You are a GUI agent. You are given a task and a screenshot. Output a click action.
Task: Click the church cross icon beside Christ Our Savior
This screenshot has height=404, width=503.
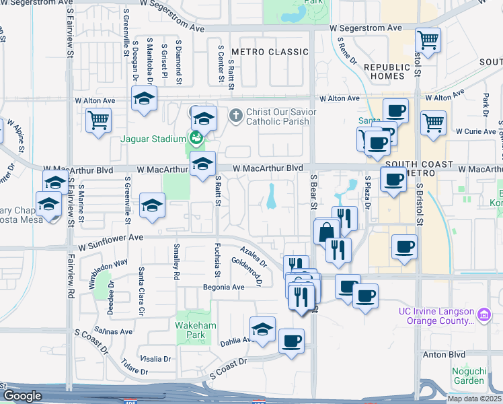pos(235,116)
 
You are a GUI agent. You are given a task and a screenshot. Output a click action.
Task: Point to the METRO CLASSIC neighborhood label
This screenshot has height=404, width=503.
pos(260,52)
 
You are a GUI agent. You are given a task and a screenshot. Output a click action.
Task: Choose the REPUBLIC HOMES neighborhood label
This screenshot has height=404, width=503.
pos(387,71)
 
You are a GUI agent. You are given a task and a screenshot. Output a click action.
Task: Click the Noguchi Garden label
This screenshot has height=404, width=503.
pos(463,374)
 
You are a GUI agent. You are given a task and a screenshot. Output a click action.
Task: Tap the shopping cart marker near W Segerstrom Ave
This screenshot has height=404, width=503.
pos(427,40)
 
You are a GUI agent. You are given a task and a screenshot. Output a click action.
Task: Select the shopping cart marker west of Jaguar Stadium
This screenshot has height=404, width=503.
pos(99,121)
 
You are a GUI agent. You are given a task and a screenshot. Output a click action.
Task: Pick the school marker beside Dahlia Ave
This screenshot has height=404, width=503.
pos(262,329)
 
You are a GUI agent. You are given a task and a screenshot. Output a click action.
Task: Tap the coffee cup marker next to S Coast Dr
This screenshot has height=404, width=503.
pos(291,341)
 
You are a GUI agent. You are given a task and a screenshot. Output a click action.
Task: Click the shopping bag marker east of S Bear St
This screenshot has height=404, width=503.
pos(326,231)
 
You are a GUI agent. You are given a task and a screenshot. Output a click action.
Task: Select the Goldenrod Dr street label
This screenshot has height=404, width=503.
pos(247,270)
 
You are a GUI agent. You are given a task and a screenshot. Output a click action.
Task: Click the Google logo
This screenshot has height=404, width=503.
pos(22,396)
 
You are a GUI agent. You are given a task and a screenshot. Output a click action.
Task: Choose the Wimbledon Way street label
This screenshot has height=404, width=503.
pos(103,273)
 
